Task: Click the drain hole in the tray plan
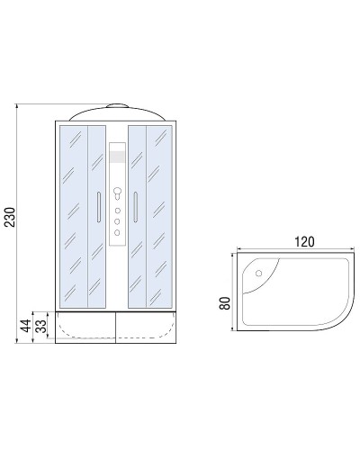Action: pyautogui.click(x=258, y=271)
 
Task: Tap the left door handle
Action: pyautogui.click(x=98, y=207)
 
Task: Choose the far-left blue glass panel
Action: pyautogui.click(x=73, y=216)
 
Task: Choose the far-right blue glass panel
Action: pyautogui.click(x=162, y=216)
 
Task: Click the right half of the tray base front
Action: pyautogui.click(x=148, y=329)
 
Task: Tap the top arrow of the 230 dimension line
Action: pyautogui.click(x=18, y=105)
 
